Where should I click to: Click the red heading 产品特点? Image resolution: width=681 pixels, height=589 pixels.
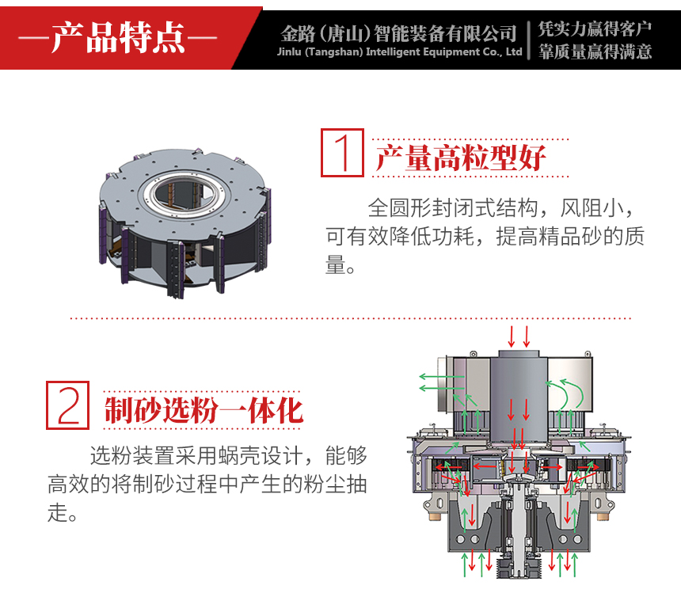coord(117,37)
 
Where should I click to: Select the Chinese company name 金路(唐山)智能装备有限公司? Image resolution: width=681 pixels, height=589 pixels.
coord(398,33)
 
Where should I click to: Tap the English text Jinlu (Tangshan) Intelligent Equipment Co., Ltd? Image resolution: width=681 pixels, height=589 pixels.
coord(400,51)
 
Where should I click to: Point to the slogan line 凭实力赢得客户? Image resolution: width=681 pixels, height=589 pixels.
coord(595,28)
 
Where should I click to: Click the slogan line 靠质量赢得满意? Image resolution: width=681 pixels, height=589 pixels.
coord(595,51)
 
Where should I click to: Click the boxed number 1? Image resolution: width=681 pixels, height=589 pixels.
coord(342,153)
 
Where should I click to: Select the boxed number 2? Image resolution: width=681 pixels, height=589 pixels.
coord(68,405)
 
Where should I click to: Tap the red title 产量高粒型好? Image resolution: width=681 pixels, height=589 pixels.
coord(460,158)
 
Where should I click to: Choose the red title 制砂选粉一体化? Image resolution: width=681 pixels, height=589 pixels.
coord(204,410)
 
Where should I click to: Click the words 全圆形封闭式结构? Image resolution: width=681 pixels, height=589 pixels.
coord(453,208)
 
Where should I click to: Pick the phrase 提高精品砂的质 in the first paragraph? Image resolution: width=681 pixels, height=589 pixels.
coord(570,236)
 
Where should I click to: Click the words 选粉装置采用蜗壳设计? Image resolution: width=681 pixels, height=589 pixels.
coord(196,456)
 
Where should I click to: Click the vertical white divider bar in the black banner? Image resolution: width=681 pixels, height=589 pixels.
coord(529,40)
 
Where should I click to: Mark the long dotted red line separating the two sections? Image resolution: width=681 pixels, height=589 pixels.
coord(350,318)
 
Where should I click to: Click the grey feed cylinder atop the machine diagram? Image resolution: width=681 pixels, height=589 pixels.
coord(519,395)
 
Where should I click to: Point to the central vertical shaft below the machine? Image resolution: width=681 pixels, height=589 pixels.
coord(519,534)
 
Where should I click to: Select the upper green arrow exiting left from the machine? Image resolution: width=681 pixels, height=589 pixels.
coord(442,376)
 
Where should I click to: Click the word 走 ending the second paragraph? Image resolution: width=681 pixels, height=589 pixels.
coord(57,513)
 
